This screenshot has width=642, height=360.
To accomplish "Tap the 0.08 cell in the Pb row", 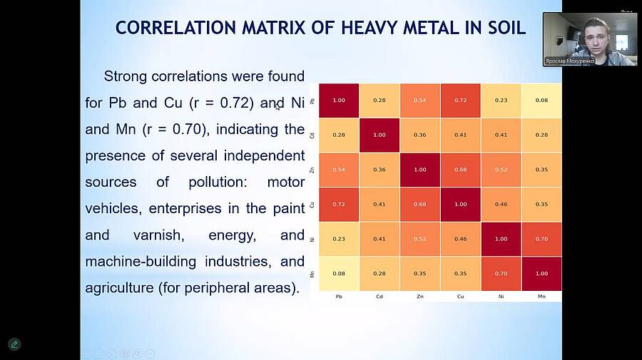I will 541,100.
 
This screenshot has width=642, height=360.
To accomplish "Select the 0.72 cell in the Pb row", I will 460,100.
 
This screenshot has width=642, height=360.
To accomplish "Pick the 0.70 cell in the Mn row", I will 501,274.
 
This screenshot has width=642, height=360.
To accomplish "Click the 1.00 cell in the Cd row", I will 379,135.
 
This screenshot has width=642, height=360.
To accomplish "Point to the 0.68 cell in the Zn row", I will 460,170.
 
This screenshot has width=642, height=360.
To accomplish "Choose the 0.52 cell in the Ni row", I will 420,239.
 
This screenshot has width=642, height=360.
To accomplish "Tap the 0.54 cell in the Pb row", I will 420,100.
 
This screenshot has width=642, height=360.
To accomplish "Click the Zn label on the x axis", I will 420,296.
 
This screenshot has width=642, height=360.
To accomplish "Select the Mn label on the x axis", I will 541,296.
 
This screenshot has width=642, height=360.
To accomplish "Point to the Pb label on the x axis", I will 339,296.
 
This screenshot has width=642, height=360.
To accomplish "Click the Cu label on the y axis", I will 312,205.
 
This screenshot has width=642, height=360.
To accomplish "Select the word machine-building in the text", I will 141,261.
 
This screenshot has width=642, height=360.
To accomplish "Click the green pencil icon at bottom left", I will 14,344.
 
